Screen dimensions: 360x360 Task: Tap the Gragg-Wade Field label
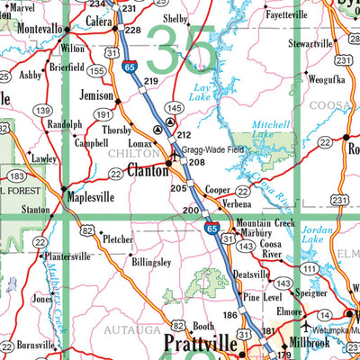[x=212, y=149]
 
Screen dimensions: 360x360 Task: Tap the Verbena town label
[x=237, y=204]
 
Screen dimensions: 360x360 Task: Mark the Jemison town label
[x=94, y=94]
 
